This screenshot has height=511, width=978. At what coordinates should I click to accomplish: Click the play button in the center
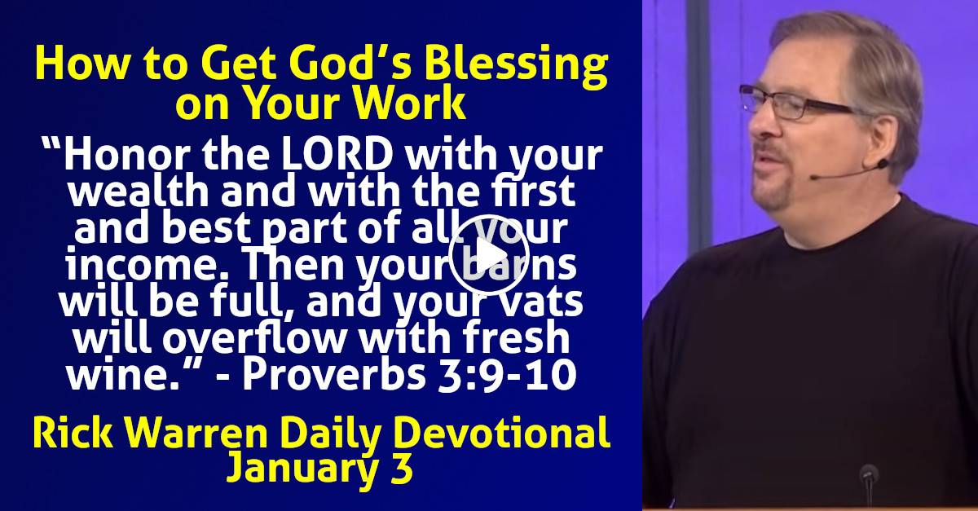pyautogui.click(x=489, y=253)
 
